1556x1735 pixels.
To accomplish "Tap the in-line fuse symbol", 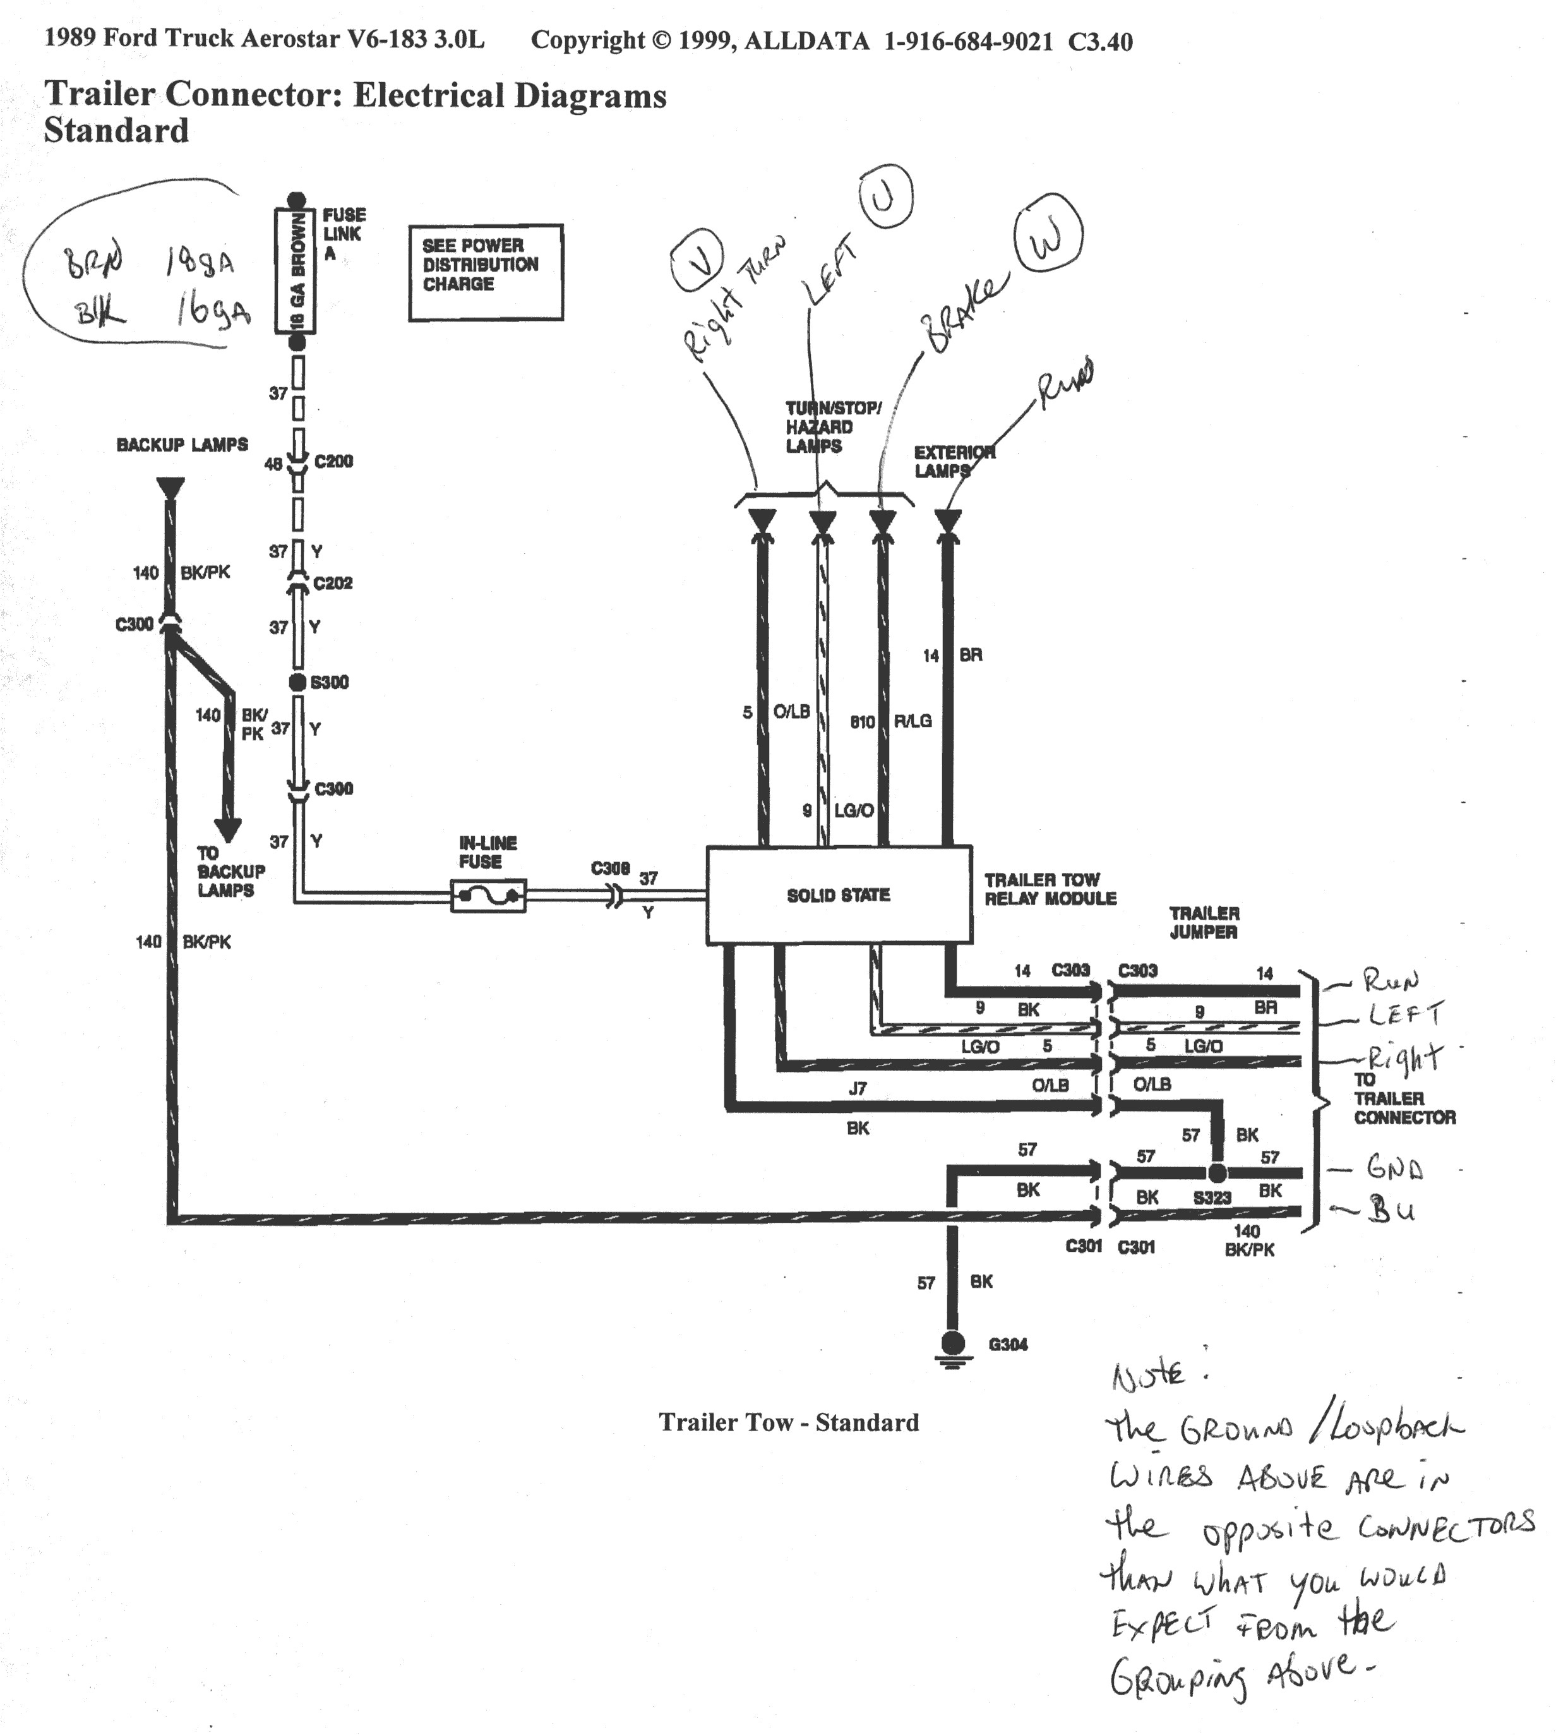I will click(x=488, y=896).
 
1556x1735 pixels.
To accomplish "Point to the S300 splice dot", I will click(x=297, y=682).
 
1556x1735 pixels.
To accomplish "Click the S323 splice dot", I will click(x=1217, y=1172).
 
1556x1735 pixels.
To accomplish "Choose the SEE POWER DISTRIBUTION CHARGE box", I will click(x=485, y=273).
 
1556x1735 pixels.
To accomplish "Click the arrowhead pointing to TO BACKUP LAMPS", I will click(x=227, y=829).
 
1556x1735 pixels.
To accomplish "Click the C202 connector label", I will click(x=333, y=583).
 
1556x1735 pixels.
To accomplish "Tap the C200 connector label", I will click(x=333, y=462).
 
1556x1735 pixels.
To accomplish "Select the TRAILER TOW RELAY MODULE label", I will click(x=1050, y=889).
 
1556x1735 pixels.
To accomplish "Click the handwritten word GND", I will click(x=1394, y=1168).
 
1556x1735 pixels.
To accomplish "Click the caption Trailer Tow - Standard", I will click(x=788, y=1422).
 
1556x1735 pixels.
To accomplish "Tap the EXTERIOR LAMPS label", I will click(x=954, y=461).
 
